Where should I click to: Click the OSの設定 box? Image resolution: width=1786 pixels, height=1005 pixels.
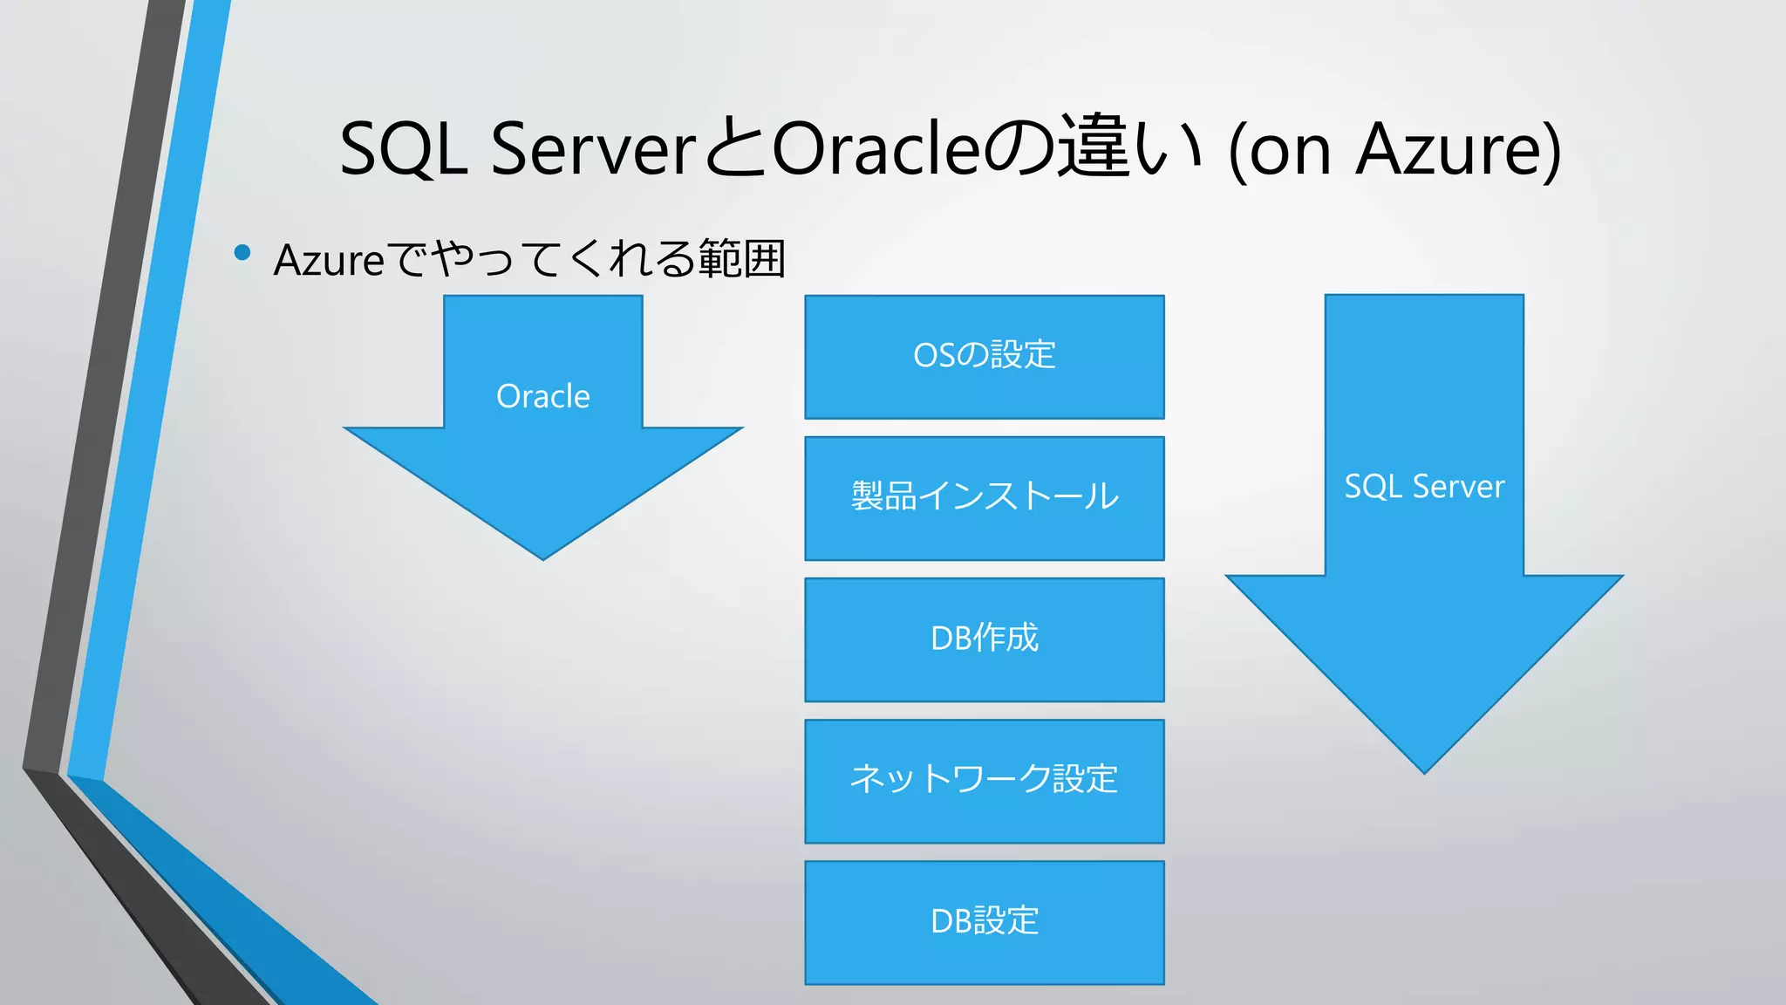pyautogui.click(x=984, y=356)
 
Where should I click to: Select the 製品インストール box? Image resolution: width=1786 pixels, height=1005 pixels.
pyautogui.click(x=984, y=497)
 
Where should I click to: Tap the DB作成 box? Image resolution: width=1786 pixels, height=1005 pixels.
pyautogui.click(x=984, y=639)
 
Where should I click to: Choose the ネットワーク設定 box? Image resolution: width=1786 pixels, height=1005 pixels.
pyautogui.click(x=984, y=780)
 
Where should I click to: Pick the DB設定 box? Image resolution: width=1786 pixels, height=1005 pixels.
pyautogui.click(x=984, y=921)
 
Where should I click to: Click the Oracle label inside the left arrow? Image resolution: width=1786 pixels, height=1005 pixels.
pyautogui.click(x=542, y=397)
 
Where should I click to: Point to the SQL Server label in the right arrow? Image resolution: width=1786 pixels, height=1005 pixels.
pyautogui.click(x=1424, y=487)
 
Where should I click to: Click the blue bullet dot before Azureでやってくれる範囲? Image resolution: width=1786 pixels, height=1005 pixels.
pyautogui.click(x=242, y=254)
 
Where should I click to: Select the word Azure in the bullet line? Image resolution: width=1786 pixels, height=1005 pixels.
pyautogui.click(x=329, y=260)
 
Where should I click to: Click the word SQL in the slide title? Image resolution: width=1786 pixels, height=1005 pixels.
pyautogui.click(x=403, y=149)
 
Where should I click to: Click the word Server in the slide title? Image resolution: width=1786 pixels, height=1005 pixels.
pyautogui.click(x=593, y=149)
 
